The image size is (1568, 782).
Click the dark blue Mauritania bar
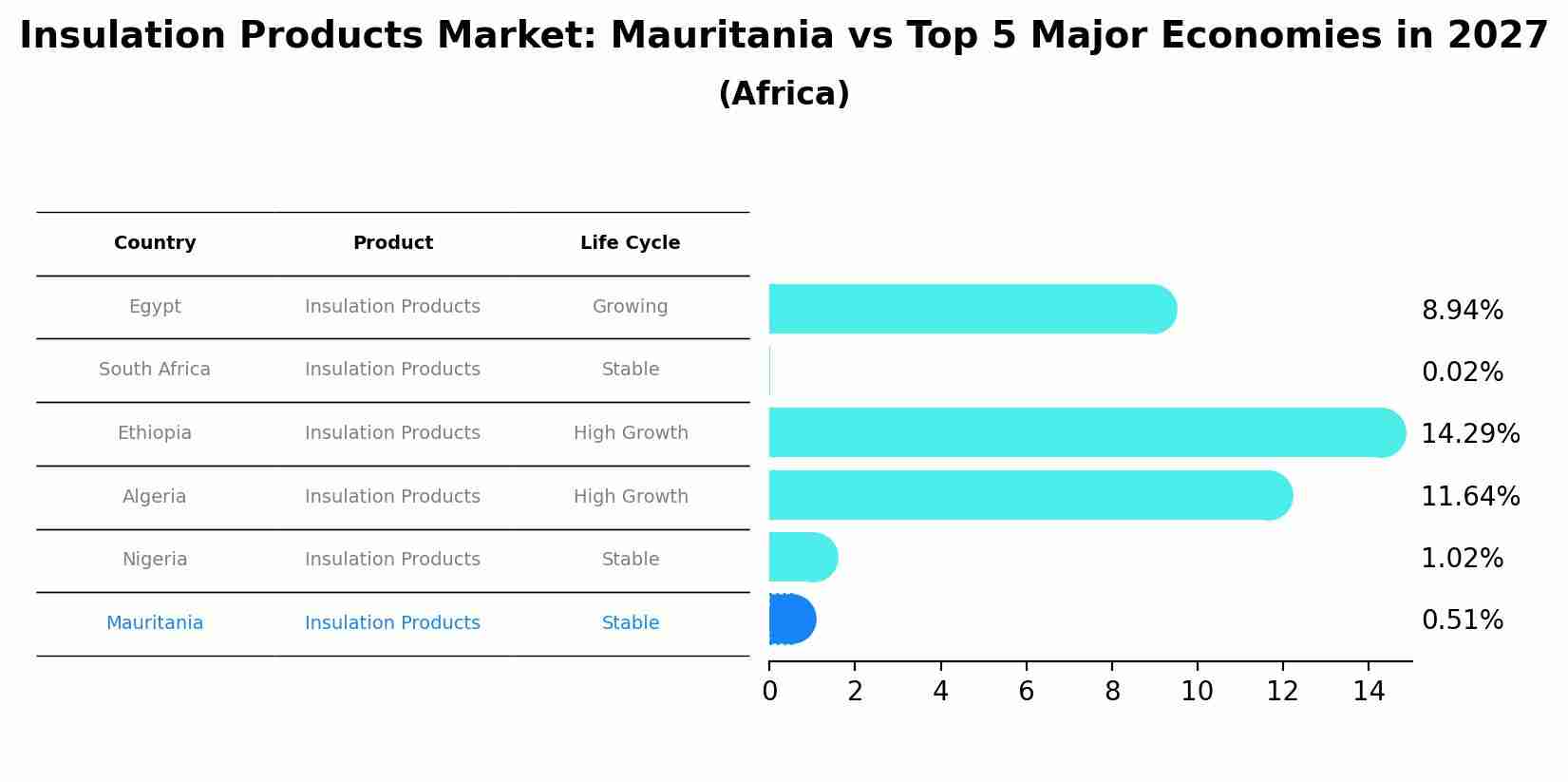point(791,620)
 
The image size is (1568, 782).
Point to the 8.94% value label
point(1462,311)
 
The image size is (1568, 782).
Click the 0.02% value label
point(1462,372)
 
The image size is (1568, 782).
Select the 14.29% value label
point(1469,434)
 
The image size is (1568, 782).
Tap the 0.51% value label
point(1462,620)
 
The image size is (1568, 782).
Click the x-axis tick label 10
point(1197,692)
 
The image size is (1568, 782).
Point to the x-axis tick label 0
point(769,692)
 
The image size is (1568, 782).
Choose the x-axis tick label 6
point(1026,692)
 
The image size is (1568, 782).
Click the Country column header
point(155,243)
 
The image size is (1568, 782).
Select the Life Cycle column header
point(630,243)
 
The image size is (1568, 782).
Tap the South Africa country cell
point(155,370)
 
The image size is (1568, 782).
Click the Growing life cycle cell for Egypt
point(630,307)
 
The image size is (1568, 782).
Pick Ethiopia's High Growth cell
point(631,433)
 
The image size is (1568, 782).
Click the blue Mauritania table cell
point(155,623)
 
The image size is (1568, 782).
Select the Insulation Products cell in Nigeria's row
point(392,560)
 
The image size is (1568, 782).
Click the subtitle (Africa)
point(784,94)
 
